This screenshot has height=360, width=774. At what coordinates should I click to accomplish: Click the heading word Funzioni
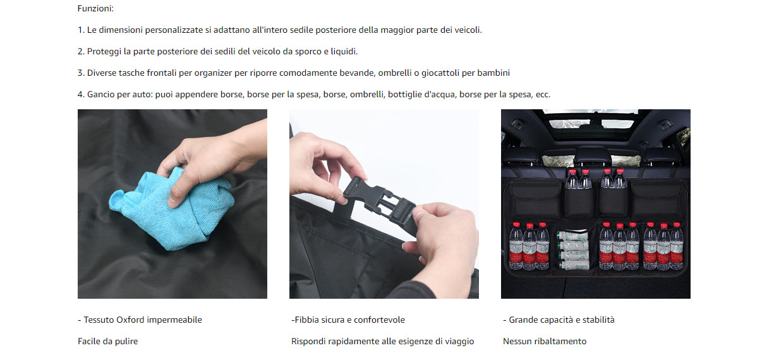[x=95, y=8]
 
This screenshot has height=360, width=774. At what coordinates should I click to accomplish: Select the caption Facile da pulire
[x=108, y=341]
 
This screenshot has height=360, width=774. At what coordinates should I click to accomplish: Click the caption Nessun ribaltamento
[x=545, y=341]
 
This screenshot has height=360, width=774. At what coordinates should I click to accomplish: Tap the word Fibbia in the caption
[x=307, y=320]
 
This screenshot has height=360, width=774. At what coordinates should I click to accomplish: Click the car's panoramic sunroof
[x=595, y=123]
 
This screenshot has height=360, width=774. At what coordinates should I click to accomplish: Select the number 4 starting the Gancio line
[x=80, y=94]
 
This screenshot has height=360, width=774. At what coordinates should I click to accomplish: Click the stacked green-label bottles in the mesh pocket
[x=572, y=249]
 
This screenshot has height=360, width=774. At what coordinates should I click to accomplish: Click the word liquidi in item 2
[x=344, y=52]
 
